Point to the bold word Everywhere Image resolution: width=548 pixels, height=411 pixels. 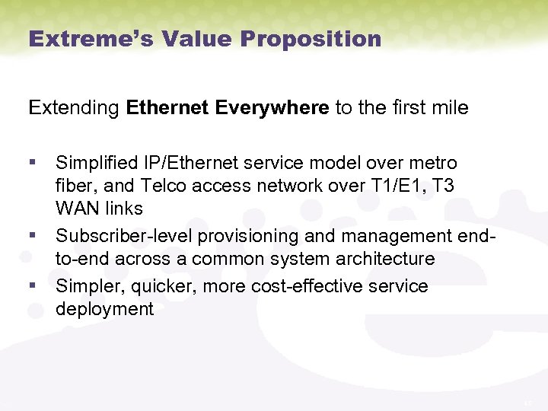point(272,108)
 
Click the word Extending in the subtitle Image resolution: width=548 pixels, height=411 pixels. point(74,108)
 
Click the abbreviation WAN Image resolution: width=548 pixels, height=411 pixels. point(77,208)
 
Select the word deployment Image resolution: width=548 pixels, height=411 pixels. point(104,309)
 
